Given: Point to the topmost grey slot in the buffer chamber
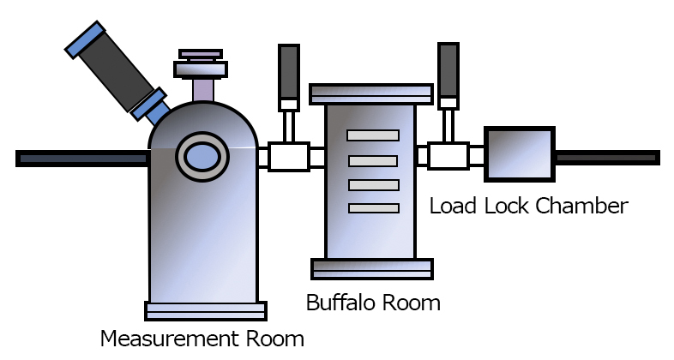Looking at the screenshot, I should coord(373,135).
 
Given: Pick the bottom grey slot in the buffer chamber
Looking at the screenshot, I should coord(373,207).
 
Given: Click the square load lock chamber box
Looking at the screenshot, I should coord(520,153).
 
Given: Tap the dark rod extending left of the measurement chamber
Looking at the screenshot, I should coord(82,158).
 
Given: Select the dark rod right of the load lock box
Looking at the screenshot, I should coord(607,158).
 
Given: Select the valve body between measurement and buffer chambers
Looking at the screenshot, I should coord(288,157).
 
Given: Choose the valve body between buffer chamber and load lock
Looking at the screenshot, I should coord(448,157).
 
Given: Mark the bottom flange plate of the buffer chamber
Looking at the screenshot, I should coord(371,268).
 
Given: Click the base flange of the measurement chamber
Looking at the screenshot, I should coord(206,311).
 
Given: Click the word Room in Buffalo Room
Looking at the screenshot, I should coord(410,303).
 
